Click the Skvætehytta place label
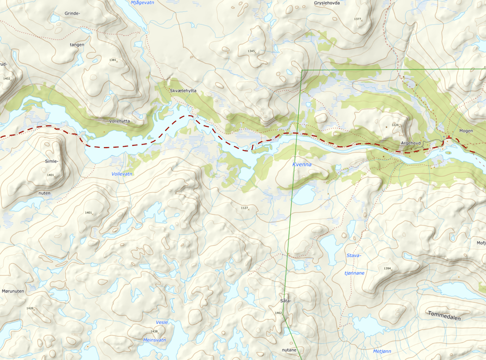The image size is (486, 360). (183, 91)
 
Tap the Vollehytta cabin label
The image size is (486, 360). (119, 121)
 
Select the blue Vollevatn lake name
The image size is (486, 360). (122, 174)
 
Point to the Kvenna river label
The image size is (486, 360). (302, 165)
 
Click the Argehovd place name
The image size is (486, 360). (411, 144)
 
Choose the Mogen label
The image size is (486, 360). (466, 130)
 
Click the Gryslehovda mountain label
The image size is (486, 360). (327, 3)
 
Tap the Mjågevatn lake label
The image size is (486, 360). (142, 3)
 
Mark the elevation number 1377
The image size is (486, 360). (358, 19)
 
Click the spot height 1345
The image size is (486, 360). (251, 51)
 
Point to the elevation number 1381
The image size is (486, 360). (112, 60)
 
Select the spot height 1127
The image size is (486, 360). (244, 207)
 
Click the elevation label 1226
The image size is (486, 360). (395, 125)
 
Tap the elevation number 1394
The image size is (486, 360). (387, 269)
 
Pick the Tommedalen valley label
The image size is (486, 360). (444, 315)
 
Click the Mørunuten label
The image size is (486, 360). (13, 291)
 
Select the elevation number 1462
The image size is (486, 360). (278, 313)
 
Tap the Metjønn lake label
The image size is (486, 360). (382, 351)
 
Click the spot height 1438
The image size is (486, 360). (154, 331)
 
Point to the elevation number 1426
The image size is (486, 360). (30, 308)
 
